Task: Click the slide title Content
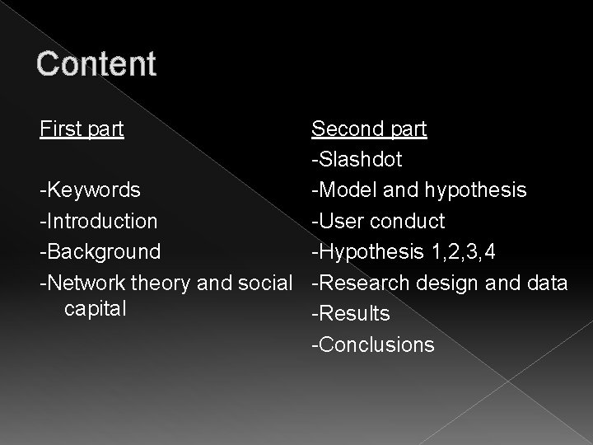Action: [x=96, y=63]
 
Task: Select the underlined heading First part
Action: [x=82, y=129]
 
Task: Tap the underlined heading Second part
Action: [x=368, y=129]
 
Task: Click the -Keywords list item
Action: [x=91, y=190]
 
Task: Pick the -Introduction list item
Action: [x=99, y=222]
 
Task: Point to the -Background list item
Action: [x=100, y=252]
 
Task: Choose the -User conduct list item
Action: [x=377, y=222]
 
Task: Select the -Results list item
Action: [x=350, y=314]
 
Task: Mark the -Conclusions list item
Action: [x=371, y=344]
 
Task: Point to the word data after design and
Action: [x=546, y=283]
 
